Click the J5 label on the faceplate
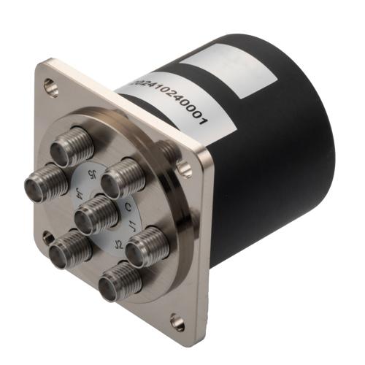91,175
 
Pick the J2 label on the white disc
117,242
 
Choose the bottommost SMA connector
118,281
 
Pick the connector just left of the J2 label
70,248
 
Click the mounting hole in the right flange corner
186,169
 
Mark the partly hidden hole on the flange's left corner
47,236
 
